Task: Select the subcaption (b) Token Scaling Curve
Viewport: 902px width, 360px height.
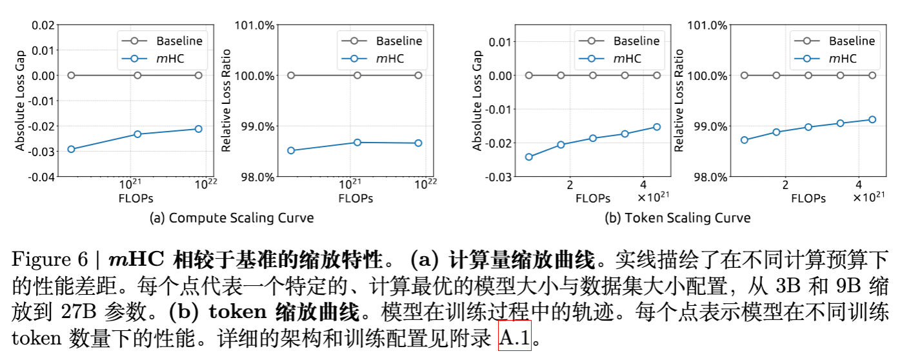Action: (x=677, y=217)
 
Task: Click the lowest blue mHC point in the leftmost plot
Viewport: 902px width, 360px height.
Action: (x=71, y=149)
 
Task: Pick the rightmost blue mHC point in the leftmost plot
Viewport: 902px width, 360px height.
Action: (x=198, y=129)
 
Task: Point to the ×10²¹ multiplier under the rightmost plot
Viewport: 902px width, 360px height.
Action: (x=870, y=196)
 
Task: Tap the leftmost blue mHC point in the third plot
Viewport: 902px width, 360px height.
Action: (x=529, y=157)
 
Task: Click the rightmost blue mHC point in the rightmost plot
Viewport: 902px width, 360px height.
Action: (x=872, y=119)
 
